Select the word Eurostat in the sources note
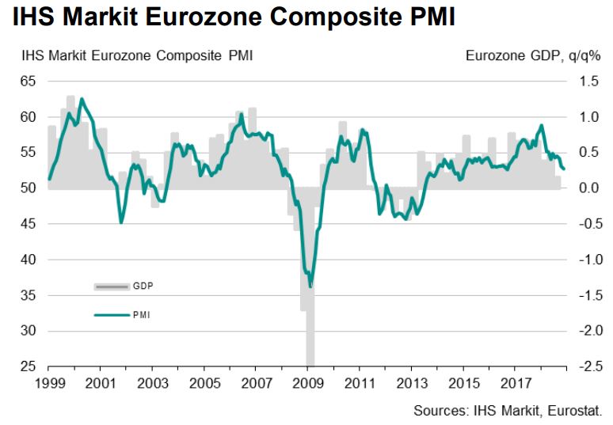(x=577, y=411)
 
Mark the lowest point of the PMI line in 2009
(x=310, y=286)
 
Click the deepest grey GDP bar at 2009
(x=310, y=348)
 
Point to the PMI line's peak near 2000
(x=82, y=99)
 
